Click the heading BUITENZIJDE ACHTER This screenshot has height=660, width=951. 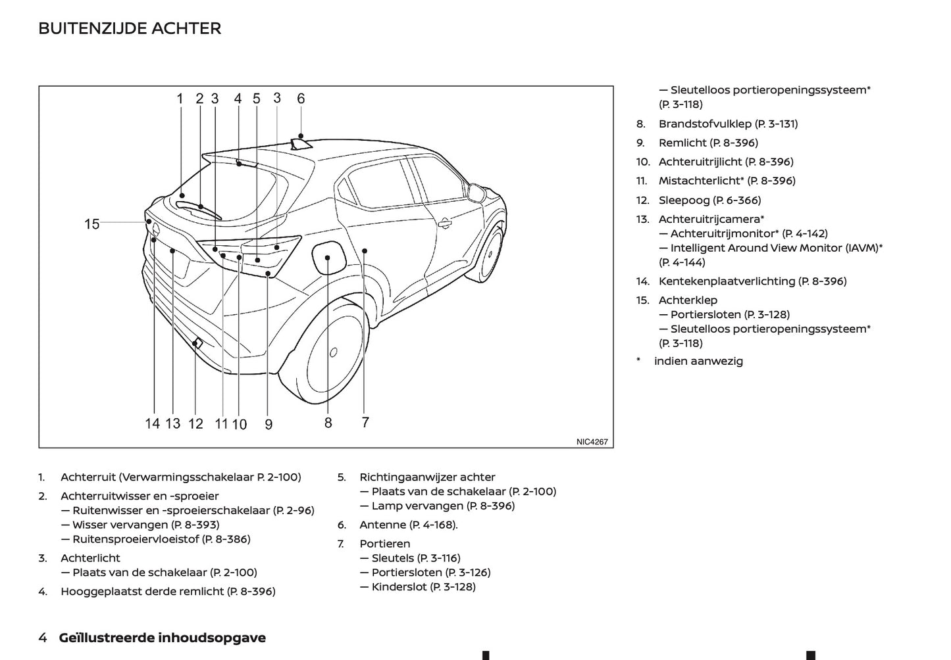[x=130, y=28]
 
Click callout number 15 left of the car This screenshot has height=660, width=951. [x=91, y=224]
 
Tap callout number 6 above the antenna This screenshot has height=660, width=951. [x=301, y=99]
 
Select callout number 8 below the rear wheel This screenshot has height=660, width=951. [x=328, y=423]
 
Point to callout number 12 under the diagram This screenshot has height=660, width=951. [x=195, y=424]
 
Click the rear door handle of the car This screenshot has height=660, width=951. [x=445, y=223]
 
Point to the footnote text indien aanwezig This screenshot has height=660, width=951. [x=698, y=361]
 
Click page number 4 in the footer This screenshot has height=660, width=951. [x=43, y=638]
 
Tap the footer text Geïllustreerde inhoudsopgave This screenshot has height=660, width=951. [x=162, y=638]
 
